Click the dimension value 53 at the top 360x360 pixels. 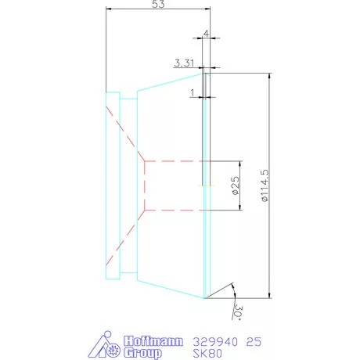pos(157,5)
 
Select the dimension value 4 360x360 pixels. pos(206,34)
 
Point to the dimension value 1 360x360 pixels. pos(192,92)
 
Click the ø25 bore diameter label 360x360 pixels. pos(234,185)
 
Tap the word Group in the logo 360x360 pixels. pos(143,353)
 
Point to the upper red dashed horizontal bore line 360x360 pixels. pos(172,161)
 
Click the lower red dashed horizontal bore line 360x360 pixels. pos(172,210)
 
